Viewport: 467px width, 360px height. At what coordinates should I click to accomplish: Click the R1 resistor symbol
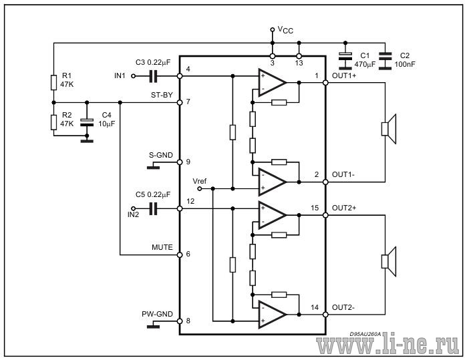coord(53,82)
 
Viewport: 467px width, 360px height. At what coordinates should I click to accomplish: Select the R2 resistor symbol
coord(53,122)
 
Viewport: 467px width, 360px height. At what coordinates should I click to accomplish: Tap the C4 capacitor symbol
coord(87,122)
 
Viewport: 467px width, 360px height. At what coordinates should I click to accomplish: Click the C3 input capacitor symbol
coord(153,76)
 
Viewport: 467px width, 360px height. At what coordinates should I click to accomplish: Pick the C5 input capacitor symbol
coord(153,208)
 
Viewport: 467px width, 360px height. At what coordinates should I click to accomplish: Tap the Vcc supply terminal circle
coord(272,29)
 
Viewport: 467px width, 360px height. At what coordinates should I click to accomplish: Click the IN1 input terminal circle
coord(133,76)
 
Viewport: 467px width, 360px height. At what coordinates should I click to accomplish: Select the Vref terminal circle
coord(200,188)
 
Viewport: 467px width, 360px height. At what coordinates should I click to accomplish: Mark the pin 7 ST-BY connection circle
coord(180,102)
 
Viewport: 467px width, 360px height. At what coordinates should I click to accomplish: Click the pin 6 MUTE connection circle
coord(180,255)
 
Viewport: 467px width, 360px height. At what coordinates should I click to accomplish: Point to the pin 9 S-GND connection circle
coord(180,162)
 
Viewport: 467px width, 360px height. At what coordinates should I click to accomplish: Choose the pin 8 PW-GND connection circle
coord(180,321)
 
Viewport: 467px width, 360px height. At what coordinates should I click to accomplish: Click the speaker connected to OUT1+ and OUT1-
coord(389,129)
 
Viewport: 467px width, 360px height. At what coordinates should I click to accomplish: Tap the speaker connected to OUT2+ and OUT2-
coord(389,261)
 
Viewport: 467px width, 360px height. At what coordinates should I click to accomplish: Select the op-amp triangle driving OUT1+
coord(272,82)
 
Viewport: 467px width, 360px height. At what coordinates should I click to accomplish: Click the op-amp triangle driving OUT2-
coord(272,315)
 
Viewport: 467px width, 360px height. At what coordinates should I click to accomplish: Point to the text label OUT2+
coord(343,208)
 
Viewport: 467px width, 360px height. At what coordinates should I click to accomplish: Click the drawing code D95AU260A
coord(365,334)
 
